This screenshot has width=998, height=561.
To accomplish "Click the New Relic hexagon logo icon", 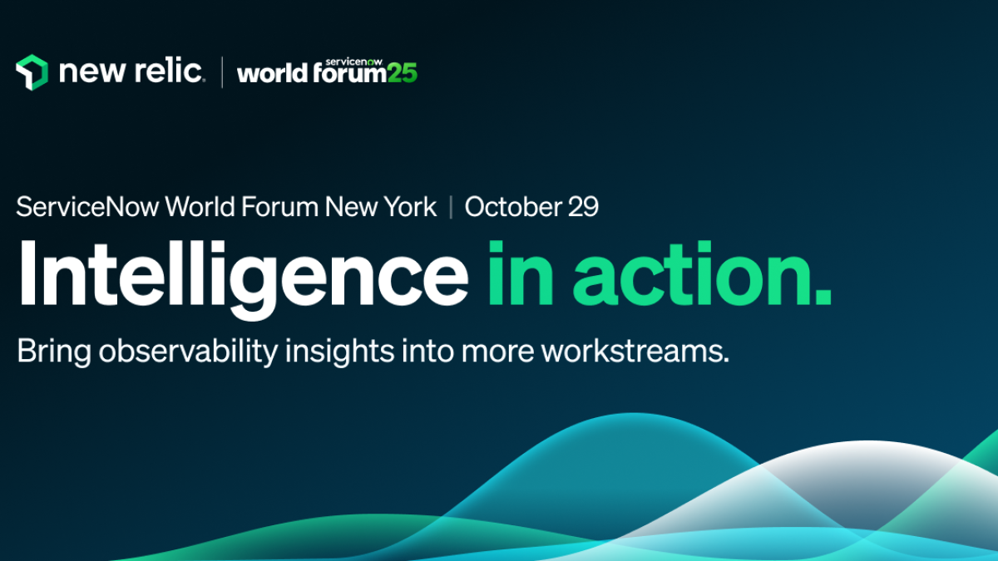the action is pos(32,72).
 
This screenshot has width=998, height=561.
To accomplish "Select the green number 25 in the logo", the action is pos(403,73).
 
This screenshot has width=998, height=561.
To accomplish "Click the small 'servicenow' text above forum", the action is pos(353,62).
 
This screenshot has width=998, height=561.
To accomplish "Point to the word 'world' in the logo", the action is pos(272,73).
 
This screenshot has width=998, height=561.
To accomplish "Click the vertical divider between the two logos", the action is pos(222,72).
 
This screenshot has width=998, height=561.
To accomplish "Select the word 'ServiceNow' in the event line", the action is pos(87,207).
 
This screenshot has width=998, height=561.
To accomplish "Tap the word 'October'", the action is pos(513,207).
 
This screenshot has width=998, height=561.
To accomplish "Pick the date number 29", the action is pos(583,207).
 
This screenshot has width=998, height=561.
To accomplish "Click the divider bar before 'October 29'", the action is pos(451,207).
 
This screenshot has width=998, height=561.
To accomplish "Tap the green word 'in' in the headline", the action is pos(521,273).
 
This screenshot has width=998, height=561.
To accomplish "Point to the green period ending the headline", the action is pos(823,297).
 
